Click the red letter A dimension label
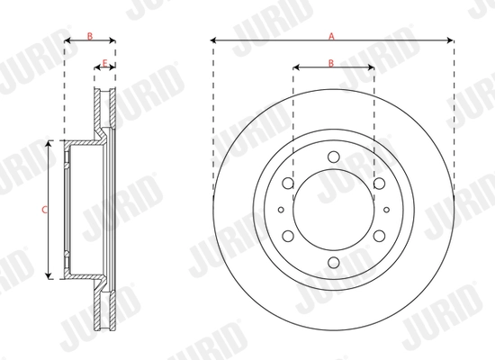pyautogui.click(x=331, y=35)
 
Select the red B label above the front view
pyautogui.click(x=331, y=62)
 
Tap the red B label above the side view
pyautogui.click(x=89, y=35)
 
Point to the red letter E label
pyautogui.click(x=105, y=62)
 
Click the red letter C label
pyautogui.click(x=45, y=209)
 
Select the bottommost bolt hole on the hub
pyautogui.click(x=333, y=262)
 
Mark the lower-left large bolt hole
pyautogui.click(x=288, y=236)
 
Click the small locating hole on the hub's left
pyautogui.click(x=281, y=210)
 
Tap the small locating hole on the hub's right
pyautogui.click(x=385, y=210)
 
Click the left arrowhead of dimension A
pyautogui.click(x=213, y=40)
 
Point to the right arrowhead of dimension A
pyautogui.click(x=451, y=40)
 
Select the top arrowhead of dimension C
pyautogui.click(x=51, y=145)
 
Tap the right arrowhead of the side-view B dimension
pyautogui.click(x=113, y=40)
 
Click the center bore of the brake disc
pyautogui.click(x=333, y=210)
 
